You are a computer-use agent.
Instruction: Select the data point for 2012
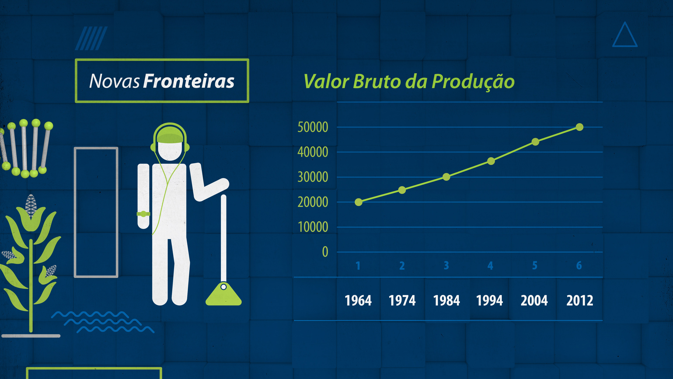pyautogui.click(x=579, y=127)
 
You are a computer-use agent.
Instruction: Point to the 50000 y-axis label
pyautogui.click(x=313, y=127)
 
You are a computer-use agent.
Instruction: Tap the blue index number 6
pyautogui.click(x=579, y=265)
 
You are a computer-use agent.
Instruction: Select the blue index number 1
pyautogui.click(x=358, y=265)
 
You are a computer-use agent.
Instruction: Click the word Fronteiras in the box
pyautogui.click(x=189, y=81)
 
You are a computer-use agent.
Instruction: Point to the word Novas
pyautogui.click(x=114, y=81)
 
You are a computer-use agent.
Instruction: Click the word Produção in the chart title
pyautogui.click(x=473, y=81)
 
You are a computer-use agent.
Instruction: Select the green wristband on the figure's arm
pyautogui.click(x=143, y=214)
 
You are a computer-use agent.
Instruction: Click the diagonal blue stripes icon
pyautogui.click(x=91, y=38)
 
